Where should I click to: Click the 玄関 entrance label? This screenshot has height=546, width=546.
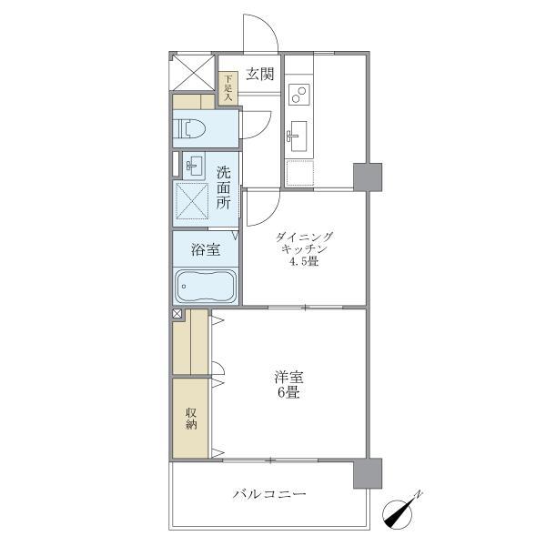click(258, 75)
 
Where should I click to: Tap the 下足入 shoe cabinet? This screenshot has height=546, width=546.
click(227, 87)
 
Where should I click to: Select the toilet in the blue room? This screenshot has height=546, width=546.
click(195, 129)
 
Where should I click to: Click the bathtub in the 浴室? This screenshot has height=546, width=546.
click(206, 287)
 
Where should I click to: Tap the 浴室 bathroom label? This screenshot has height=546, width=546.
click(205, 249)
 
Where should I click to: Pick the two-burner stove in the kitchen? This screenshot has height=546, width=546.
click(299, 94)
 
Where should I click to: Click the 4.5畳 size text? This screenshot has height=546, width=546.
click(305, 263)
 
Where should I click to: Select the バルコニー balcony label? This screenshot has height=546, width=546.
click(268, 494)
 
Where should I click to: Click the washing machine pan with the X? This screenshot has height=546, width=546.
click(193, 202)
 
